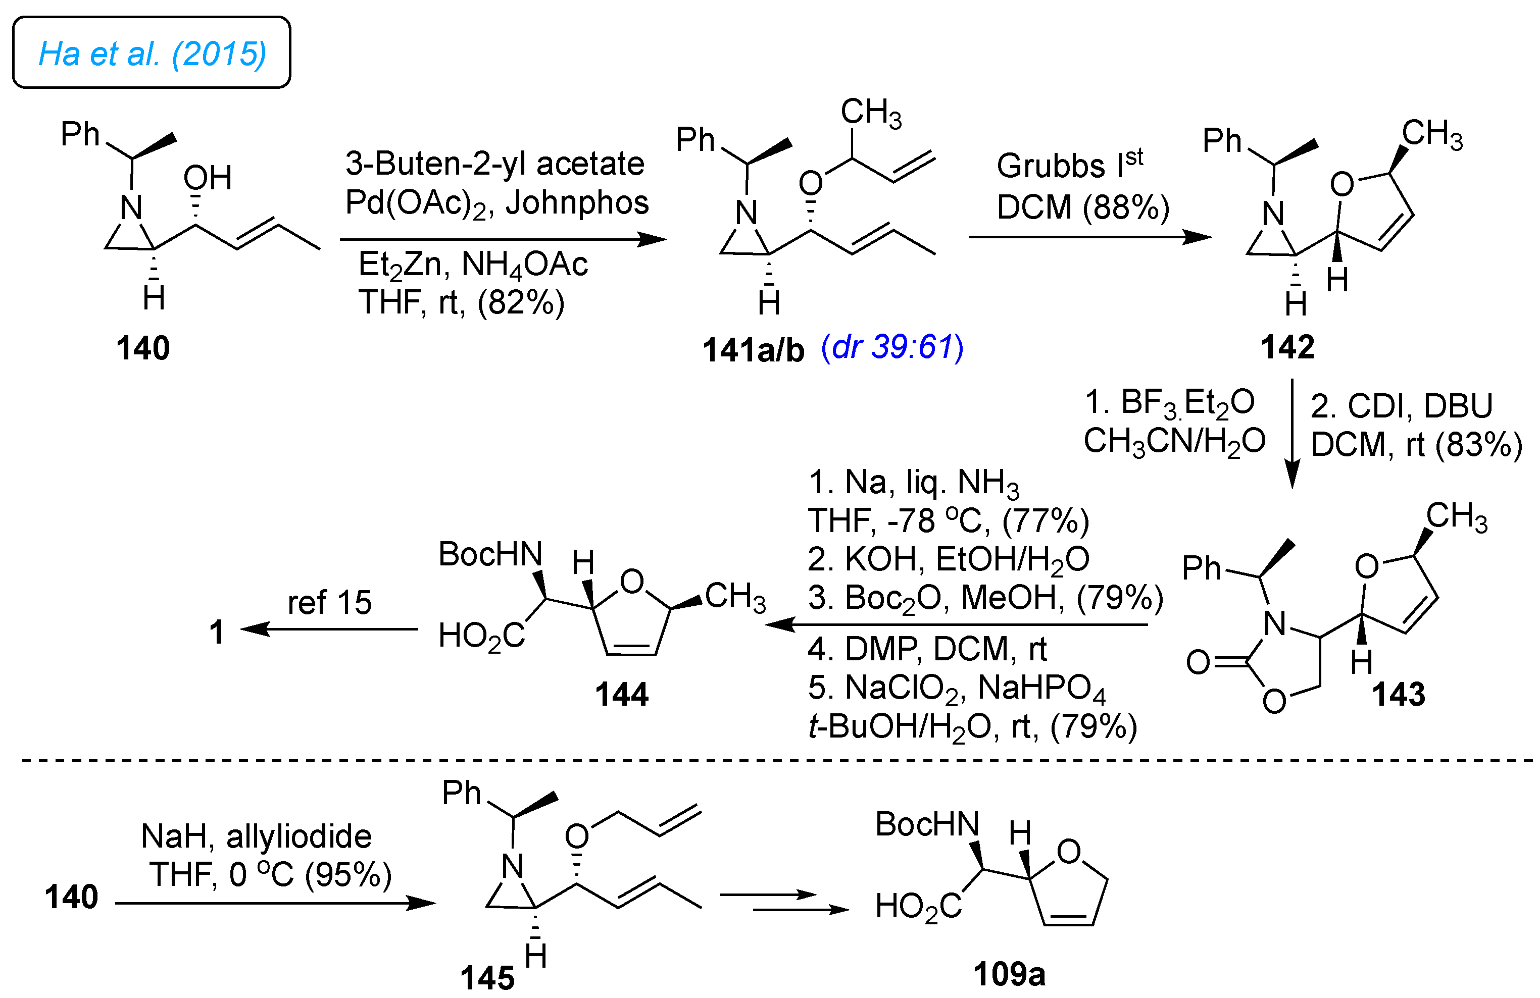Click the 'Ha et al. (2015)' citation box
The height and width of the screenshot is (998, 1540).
click(152, 53)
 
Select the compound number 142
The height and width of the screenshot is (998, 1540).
click(1287, 347)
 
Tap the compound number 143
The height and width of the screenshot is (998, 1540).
click(1398, 695)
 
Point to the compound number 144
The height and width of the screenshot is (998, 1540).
click(621, 695)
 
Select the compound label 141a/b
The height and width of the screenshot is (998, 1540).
click(753, 350)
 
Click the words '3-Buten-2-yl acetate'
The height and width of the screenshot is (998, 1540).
click(494, 164)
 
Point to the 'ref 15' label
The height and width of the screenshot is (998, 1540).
click(329, 602)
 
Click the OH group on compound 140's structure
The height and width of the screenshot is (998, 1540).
click(207, 178)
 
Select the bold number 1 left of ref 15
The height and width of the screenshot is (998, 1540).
click(217, 632)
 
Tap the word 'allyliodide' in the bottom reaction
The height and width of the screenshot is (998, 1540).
click(299, 836)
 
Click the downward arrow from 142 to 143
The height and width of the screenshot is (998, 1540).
click(1291, 433)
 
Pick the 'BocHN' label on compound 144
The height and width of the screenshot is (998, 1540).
click(490, 554)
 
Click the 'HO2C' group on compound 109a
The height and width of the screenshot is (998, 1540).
click(918, 907)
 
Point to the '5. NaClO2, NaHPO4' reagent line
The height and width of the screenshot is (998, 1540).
click(956, 688)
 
